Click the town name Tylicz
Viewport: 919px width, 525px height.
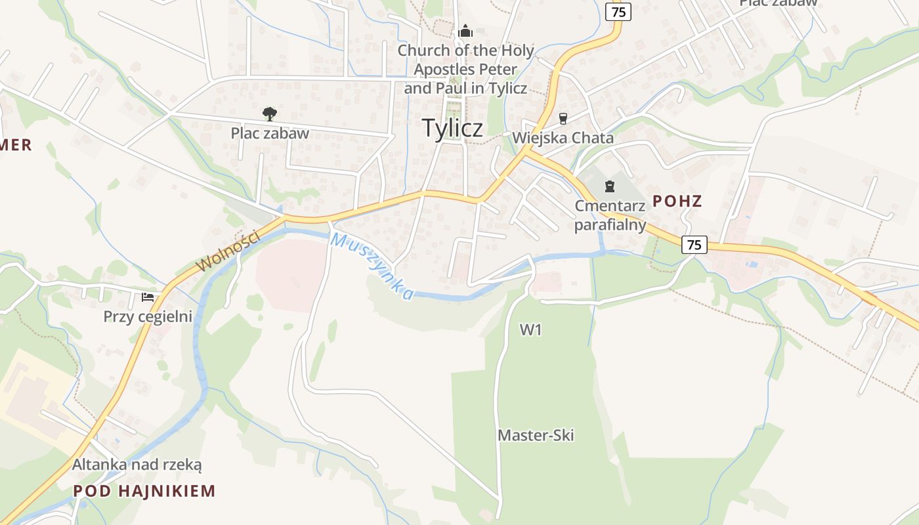[452, 128]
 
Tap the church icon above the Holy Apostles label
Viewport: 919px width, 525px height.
[465, 31]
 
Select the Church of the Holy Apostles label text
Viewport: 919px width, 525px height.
[465, 69]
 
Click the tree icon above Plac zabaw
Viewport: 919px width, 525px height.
[269, 114]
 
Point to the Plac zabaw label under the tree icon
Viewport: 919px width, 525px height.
[269, 133]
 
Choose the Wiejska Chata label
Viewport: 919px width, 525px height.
[563, 138]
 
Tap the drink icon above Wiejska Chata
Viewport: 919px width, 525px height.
[563, 119]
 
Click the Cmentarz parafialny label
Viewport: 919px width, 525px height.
[610, 215]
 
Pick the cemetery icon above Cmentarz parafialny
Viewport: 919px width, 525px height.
[610, 186]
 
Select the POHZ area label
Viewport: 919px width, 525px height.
[677, 201]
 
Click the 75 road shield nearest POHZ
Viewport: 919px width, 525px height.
[695, 245]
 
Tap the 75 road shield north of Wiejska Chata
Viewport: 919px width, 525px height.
[618, 11]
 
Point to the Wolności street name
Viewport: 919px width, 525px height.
[228, 251]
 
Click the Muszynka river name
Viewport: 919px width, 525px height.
[372, 266]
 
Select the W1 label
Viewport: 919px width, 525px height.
[530, 329]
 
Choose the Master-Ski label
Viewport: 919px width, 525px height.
[536, 435]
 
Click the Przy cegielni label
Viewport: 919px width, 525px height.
[148, 317]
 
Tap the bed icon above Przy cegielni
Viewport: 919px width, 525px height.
[148, 297]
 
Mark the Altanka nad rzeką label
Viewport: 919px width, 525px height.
[137, 465]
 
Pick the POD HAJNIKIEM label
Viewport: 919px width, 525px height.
[144, 490]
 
